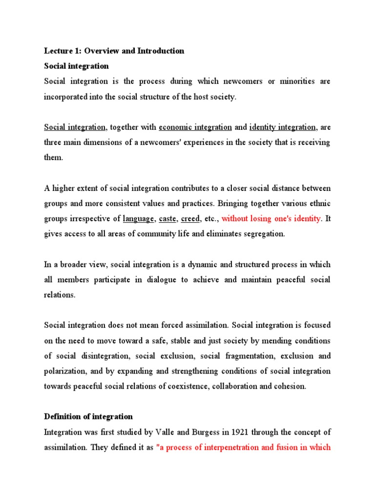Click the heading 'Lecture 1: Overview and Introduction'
pos(114,51)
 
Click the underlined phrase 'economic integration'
pos(195,127)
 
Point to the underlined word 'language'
pos(139,219)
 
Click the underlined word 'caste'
pos(168,219)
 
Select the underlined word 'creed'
pos(190,219)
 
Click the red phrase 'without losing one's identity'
pos(271,219)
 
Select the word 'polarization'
pos(65,371)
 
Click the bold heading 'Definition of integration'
pos(88,417)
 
